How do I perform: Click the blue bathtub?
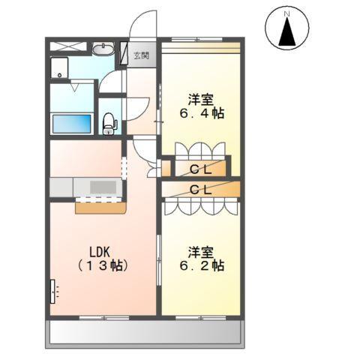72,124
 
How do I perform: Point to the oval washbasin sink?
103,49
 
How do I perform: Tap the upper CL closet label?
199,169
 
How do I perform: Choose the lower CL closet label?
199,189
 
